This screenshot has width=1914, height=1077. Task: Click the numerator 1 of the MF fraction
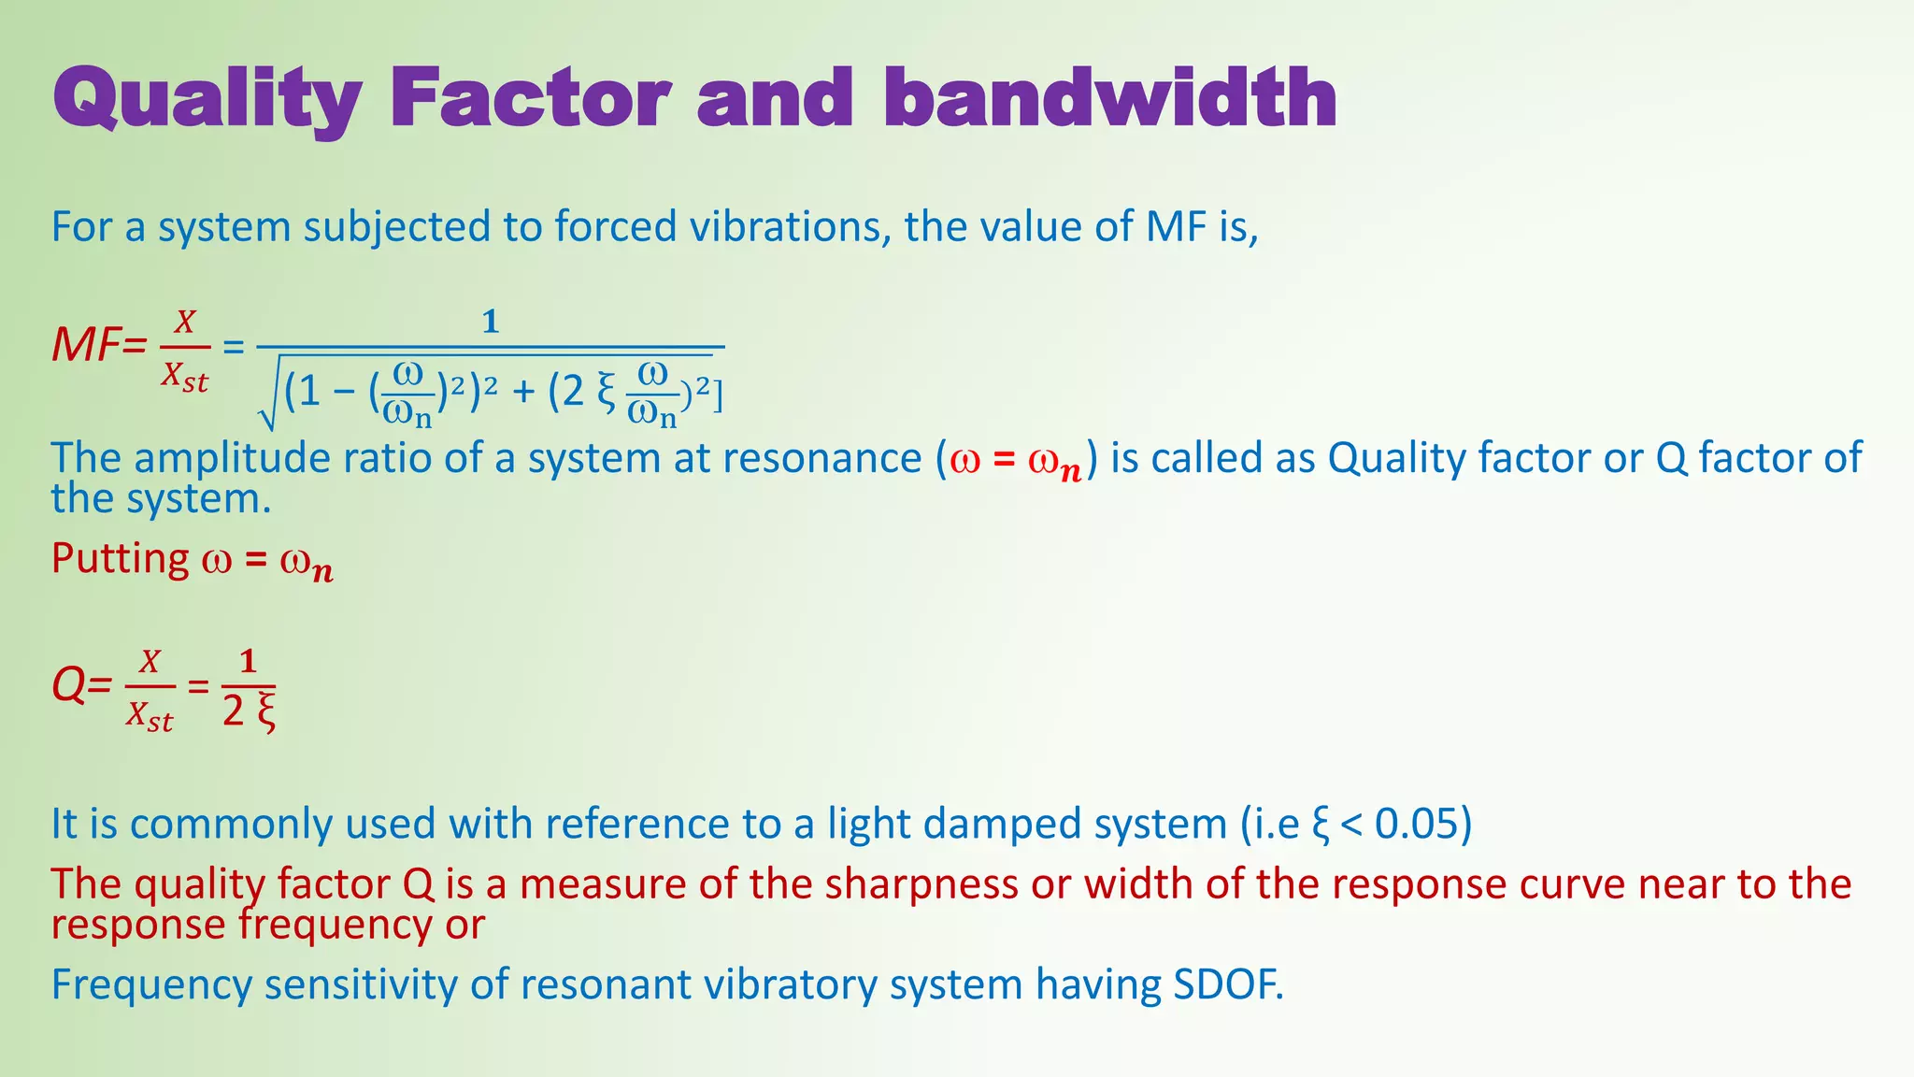(490, 323)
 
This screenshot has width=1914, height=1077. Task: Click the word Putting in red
(121, 558)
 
